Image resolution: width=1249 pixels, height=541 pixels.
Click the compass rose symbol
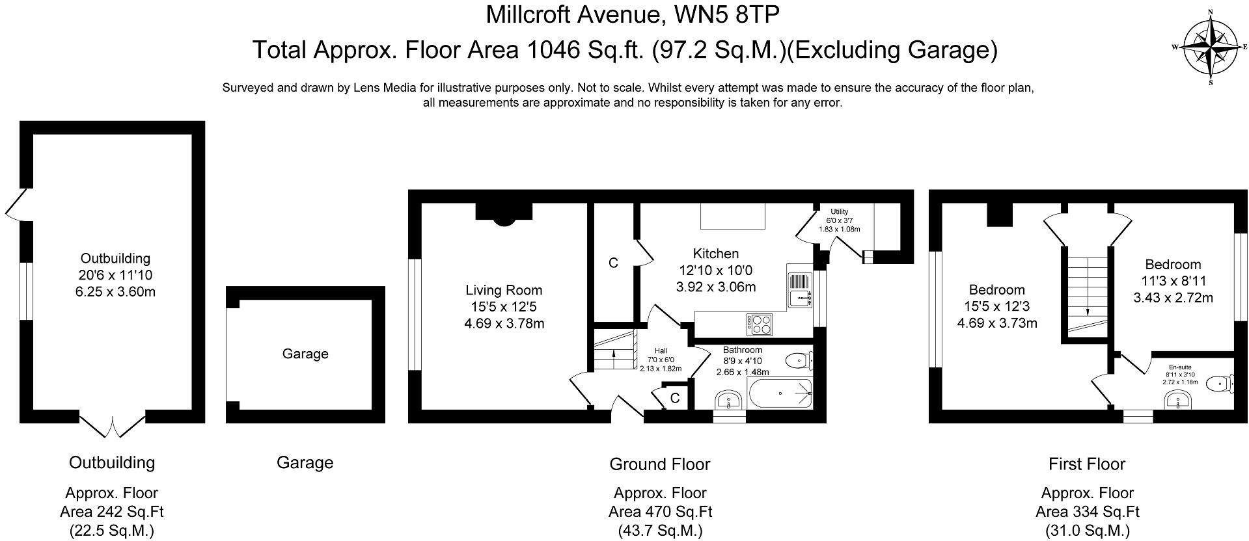click(1210, 47)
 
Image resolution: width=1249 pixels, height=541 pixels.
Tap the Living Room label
click(504, 291)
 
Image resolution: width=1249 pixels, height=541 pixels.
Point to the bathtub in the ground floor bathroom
click(780, 393)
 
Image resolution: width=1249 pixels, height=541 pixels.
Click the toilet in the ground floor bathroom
click(798, 360)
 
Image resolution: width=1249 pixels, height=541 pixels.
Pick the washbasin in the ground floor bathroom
click(729, 400)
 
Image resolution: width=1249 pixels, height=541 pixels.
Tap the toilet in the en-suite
click(1218, 384)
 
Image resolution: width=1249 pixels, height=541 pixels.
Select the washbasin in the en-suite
click(1179, 400)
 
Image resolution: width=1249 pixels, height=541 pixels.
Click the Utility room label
click(839, 212)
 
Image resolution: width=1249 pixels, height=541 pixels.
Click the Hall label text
click(661, 351)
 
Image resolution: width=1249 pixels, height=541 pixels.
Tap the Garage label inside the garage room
click(305, 354)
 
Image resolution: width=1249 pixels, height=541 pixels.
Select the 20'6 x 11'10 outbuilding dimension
click(115, 275)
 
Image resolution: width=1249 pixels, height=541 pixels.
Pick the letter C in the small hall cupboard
click(675, 398)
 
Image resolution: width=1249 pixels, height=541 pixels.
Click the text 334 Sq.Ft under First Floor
click(1087, 512)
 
